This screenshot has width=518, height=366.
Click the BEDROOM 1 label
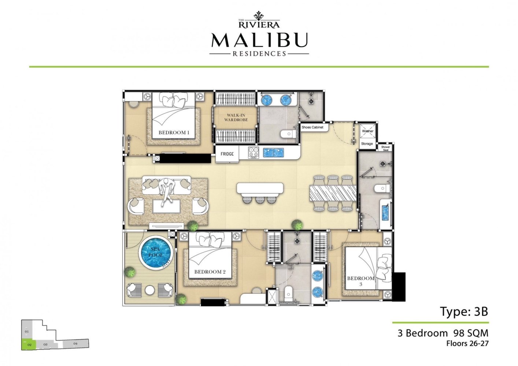tap(174, 132)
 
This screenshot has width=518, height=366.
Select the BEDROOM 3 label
tap(361, 281)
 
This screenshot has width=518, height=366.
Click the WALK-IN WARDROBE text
tap(236, 117)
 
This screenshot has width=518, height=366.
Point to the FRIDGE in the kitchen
tap(227, 154)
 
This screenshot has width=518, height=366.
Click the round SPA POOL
tap(156, 253)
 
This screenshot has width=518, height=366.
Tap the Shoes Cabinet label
tap(312, 127)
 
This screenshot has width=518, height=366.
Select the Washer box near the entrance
tap(367, 131)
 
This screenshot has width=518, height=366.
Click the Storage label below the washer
tap(367, 144)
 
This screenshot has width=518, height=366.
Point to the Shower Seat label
tap(385, 148)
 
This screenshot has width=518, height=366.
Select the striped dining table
tap(333, 193)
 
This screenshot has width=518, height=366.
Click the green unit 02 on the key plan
tap(29, 344)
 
